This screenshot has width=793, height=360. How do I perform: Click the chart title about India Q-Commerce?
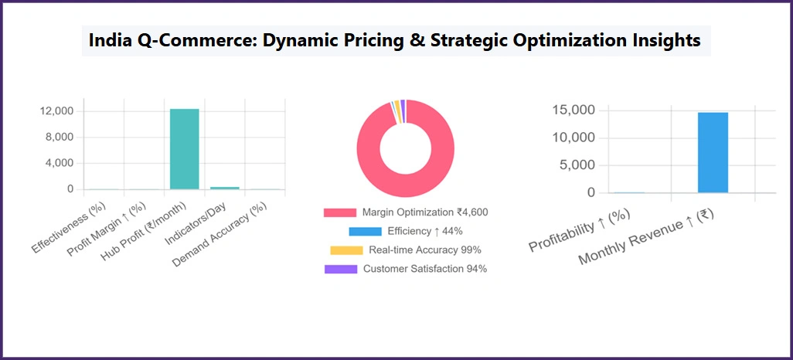tap(396, 41)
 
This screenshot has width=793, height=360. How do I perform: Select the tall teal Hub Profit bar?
tap(185, 149)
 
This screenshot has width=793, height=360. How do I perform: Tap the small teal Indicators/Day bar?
tap(225, 188)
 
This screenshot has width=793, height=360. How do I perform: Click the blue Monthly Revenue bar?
tap(713, 152)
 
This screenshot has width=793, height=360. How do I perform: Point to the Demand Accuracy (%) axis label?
tap(220, 235)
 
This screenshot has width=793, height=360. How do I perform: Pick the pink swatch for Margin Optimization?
tap(340, 212)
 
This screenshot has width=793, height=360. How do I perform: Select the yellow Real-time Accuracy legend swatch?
tap(345, 250)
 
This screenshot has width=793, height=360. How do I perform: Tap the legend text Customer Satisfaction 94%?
tap(424, 269)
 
